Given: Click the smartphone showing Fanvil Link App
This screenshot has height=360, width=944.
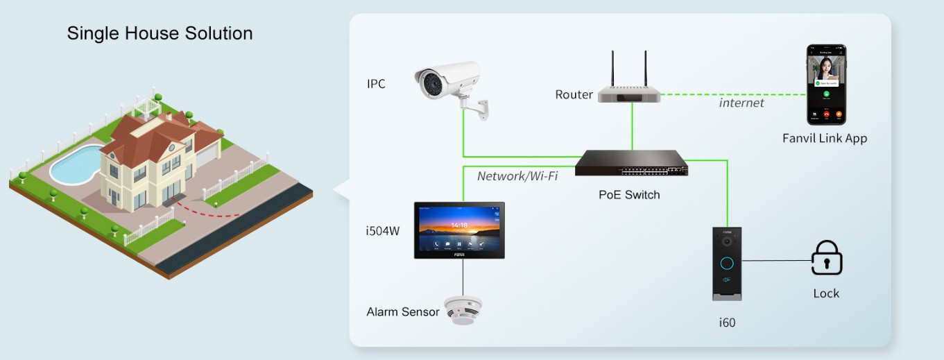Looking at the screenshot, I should tap(825, 85).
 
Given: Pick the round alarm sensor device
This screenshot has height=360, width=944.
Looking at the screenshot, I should tap(463, 309).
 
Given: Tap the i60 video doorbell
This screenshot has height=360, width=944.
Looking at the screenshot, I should tap(727, 264).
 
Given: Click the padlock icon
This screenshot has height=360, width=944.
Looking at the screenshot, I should tap(826, 259).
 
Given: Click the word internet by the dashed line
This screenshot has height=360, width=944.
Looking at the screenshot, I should tap(741, 103).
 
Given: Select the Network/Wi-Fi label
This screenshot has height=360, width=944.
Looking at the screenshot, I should tap(517, 176).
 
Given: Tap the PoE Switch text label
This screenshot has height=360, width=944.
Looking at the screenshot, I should tap(629, 195).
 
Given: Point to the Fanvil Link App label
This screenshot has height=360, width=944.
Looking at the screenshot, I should tap(825, 138).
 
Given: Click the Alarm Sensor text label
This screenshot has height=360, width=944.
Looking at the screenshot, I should tap(402, 312).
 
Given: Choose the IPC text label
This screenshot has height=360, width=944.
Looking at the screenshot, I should tap(376, 85).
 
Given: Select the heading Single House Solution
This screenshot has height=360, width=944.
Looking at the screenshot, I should tap(160, 33).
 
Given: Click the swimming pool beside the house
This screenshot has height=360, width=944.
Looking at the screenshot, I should tap(74, 165).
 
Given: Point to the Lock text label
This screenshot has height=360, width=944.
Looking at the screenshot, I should tap(826, 293).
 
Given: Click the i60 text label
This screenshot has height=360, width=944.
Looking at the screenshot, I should tap(727, 322).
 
